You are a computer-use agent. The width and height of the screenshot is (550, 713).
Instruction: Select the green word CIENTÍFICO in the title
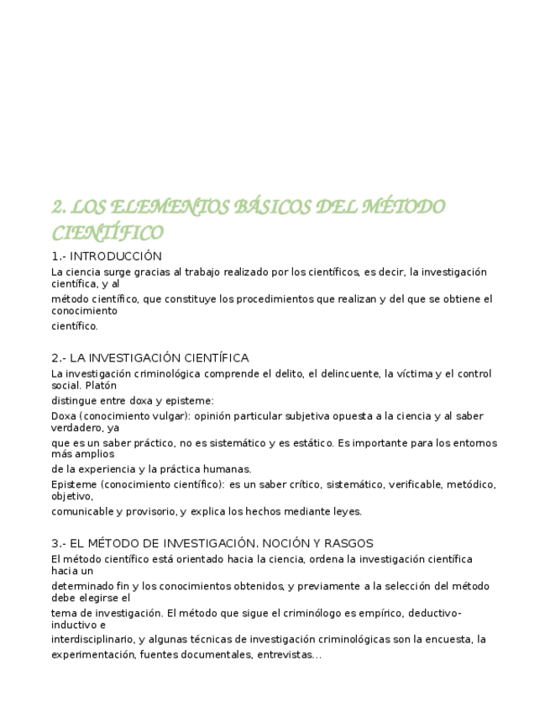pyautogui.click(x=107, y=233)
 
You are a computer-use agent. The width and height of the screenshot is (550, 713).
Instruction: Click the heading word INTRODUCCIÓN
pyautogui.click(x=116, y=256)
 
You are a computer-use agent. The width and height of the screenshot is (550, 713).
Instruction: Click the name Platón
pyautogui.click(x=101, y=386)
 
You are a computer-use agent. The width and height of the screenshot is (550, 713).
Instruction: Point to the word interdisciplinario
pyautogui.click(x=92, y=640)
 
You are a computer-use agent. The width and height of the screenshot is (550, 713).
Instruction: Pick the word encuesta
pyautogui.click(x=451, y=640)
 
